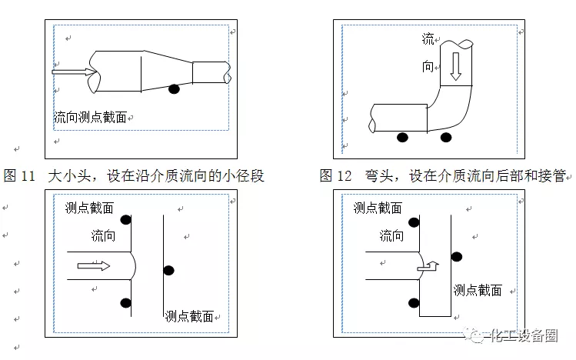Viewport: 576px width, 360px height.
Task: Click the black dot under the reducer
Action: [x=175, y=88]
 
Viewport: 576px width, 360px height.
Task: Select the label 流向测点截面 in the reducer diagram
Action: [x=90, y=118]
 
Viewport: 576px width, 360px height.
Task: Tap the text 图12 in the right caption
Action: [x=336, y=176]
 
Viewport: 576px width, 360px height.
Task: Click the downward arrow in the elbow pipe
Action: [x=454, y=67]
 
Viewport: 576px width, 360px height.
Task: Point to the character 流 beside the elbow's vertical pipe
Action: [x=428, y=38]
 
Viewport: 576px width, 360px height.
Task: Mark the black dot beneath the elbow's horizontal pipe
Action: [x=401, y=138]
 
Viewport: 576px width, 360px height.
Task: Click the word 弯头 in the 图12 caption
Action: [x=379, y=176]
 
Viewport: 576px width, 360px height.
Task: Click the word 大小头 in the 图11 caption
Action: [x=67, y=176]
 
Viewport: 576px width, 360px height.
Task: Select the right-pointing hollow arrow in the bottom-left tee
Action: [x=93, y=266]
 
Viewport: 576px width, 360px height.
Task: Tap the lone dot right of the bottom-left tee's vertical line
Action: [x=168, y=270]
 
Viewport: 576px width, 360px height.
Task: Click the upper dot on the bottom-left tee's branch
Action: [x=125, y=221]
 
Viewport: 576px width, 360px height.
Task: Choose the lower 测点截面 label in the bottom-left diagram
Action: [x=188, y=316]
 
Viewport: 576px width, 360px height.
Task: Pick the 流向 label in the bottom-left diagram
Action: [x=103, y=235]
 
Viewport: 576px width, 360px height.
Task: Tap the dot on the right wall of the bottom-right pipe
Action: [x=457, y=256]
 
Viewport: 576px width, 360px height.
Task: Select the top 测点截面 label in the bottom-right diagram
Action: [x=377, y=208]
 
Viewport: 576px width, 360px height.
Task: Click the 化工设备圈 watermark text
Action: [x=529, y=335]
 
